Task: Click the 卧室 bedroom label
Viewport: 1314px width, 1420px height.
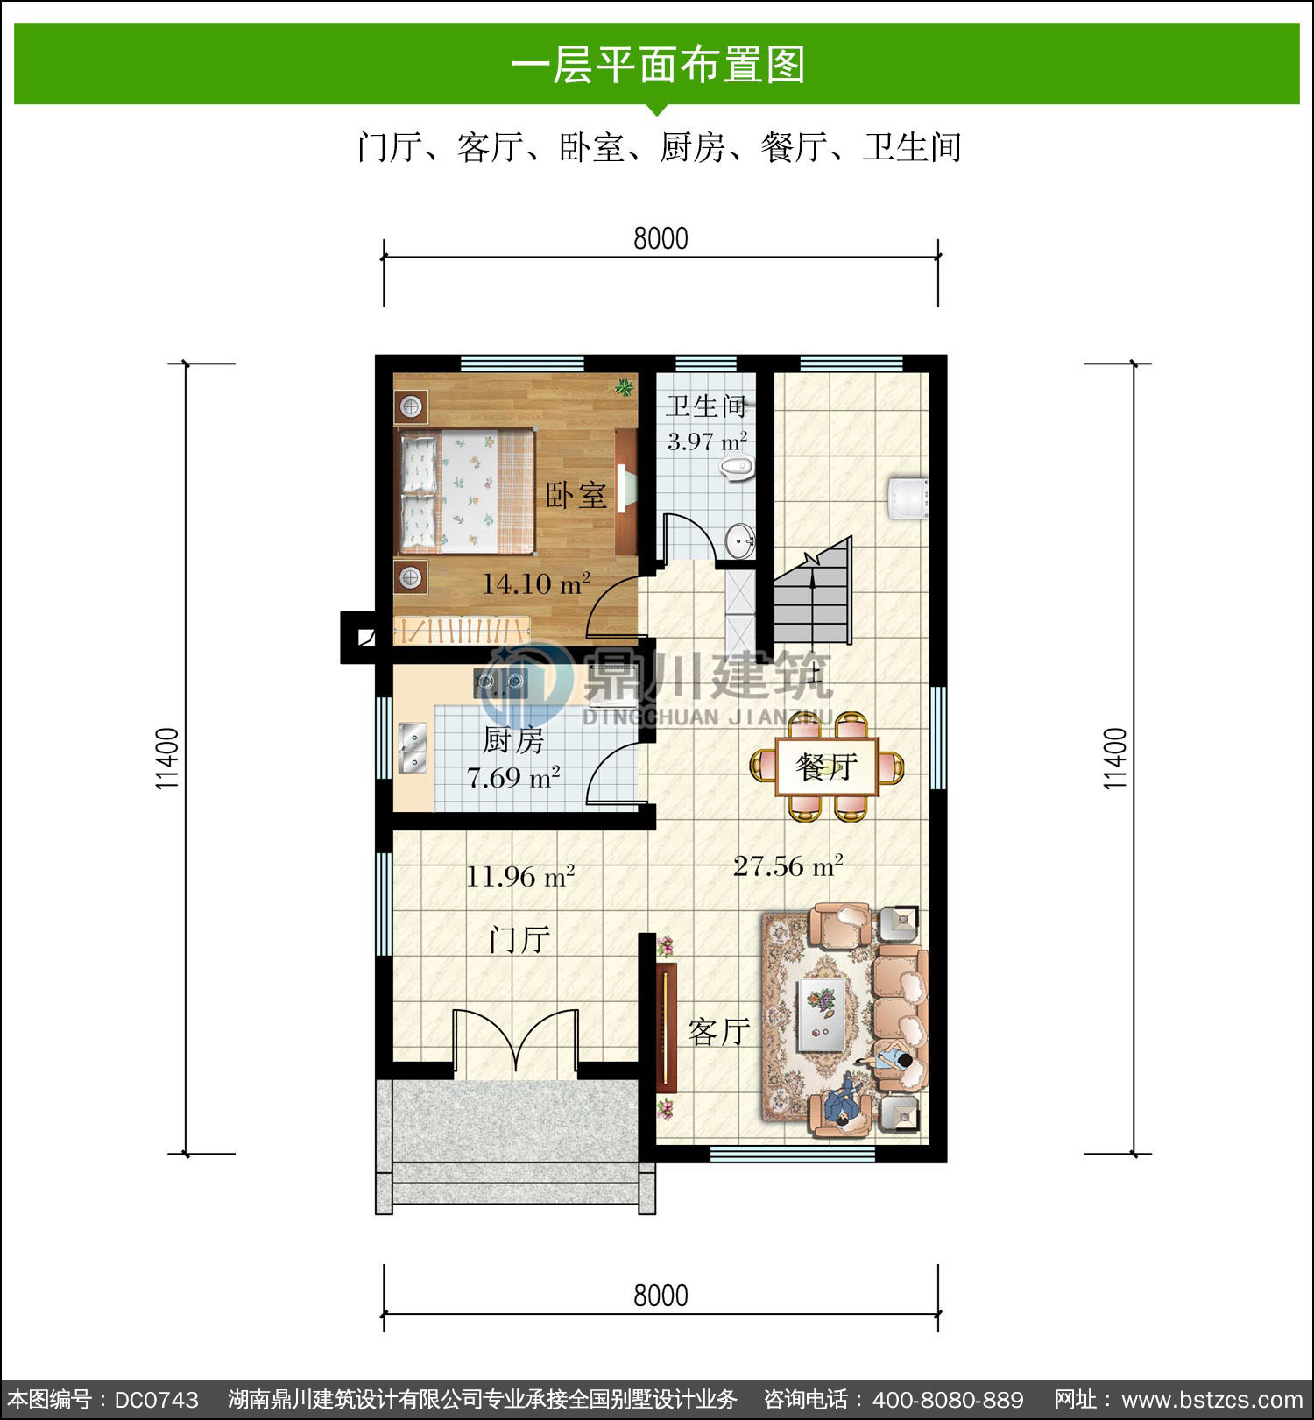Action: click(x=576, y=495)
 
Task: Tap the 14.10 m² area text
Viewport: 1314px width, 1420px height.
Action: click(x=535, y=583)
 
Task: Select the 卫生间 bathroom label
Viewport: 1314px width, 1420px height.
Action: click(x=706, y=406)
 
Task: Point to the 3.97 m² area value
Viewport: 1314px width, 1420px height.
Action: click(x=707, y=441)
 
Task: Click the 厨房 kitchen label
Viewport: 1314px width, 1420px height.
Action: click(x=513, y=741)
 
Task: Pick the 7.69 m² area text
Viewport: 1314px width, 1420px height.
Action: click(x=513, y=777)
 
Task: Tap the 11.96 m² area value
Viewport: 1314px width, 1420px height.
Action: click(x=519, y=876)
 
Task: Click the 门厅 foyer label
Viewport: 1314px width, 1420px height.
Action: click(x=520, y=940)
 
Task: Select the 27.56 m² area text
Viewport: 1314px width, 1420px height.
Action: click(x=788, y=866)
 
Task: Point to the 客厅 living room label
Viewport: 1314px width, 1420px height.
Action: click(x=719, y=1032)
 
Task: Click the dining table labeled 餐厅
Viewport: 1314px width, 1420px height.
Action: click(x=827, y=767)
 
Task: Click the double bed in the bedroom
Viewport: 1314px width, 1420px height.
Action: click(x=466, y=491)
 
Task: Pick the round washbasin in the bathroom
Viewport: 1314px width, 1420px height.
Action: click(x=740, y=540)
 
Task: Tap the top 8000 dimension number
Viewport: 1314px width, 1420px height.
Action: click(x=661, y=238)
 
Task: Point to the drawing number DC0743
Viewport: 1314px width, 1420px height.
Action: click(x=157, y=1399)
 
